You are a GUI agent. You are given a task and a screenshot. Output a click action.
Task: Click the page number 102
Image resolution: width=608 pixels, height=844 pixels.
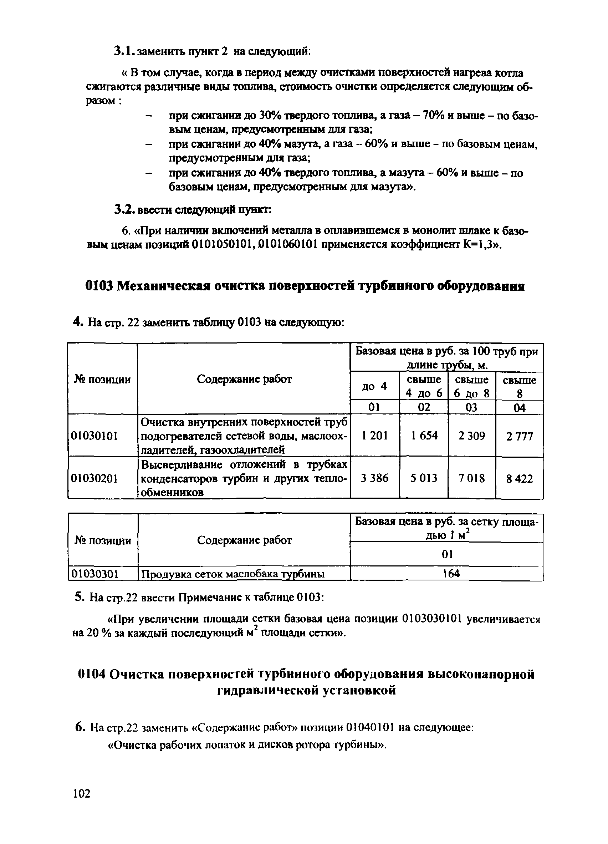coord(82,794)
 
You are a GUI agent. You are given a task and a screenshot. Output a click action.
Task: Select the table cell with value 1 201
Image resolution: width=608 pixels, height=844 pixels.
coord(374,436)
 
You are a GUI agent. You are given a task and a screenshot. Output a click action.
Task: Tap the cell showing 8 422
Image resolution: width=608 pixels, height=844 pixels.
coord(519,479)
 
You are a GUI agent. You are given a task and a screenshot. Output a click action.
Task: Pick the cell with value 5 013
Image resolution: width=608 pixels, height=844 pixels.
coord(424,478)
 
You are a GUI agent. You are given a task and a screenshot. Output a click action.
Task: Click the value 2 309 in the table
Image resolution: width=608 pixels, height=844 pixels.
coord(471,436)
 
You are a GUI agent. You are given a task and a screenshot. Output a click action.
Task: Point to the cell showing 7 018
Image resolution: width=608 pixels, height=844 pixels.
coord(471,478)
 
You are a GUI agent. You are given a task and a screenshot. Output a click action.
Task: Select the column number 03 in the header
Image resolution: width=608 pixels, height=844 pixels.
coord(471,407)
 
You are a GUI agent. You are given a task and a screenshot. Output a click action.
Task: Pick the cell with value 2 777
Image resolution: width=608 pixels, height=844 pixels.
coord(519,436)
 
